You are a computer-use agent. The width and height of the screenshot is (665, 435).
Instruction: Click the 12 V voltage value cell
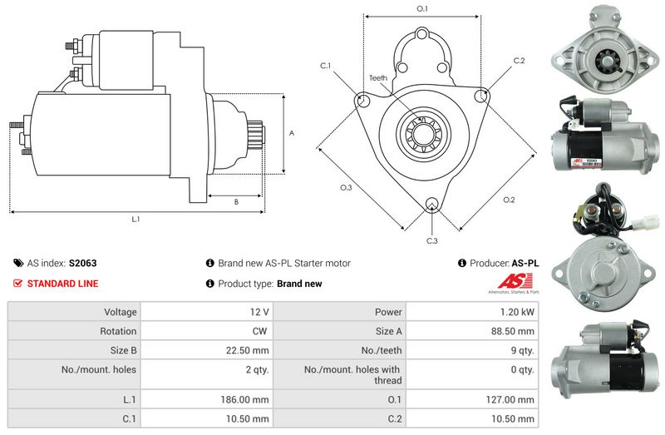(259, 312)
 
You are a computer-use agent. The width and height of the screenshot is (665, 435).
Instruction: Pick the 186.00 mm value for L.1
(246, 400)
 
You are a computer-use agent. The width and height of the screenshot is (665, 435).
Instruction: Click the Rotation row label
(119, 331)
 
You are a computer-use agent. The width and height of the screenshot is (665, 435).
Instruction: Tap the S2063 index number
(82, 263)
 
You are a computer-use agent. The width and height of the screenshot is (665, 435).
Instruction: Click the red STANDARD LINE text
(62, 284)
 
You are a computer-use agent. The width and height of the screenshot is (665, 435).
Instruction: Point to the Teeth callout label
(377, 77)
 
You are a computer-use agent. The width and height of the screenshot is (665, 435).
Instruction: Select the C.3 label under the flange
(431, 240)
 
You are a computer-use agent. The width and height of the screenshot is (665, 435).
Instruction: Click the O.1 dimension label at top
(421, 9)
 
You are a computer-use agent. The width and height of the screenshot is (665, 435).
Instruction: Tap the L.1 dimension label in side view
(135, 220)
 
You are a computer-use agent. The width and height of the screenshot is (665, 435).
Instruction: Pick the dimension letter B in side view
(236, 201)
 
